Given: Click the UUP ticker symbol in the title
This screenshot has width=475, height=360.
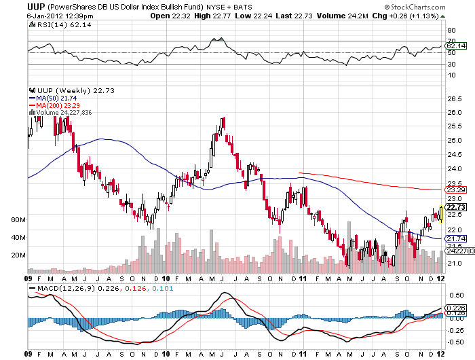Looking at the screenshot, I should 36,5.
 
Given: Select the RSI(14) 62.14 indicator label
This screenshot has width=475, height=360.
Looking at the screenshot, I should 52,24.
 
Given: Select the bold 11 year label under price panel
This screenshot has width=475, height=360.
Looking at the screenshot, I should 302,278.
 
